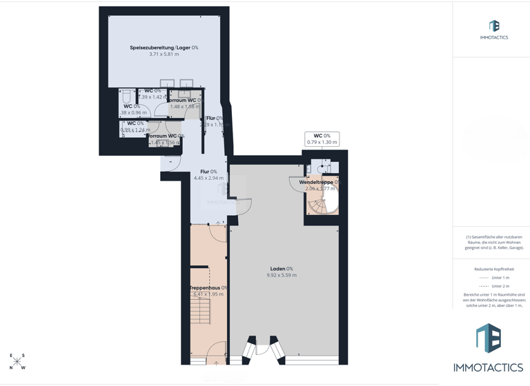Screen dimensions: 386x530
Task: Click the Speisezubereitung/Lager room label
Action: [x=161, y=48]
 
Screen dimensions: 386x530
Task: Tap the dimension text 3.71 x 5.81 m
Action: [x=164, y=54]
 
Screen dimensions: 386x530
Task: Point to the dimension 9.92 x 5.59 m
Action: [x=281, y=276]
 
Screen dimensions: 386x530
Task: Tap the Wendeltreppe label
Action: [x=317, y=182]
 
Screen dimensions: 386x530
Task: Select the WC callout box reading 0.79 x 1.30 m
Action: [x=322, y=139]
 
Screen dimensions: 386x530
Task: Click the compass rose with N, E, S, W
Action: [x=17, y=361]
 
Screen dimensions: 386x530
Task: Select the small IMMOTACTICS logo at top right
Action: [x=493, y=30]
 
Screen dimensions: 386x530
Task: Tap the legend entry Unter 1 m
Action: [x=493, y=278]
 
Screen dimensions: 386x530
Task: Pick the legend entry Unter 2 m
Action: [x=493, y=286]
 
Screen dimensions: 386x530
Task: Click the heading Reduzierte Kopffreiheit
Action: [x=493, y=269]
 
